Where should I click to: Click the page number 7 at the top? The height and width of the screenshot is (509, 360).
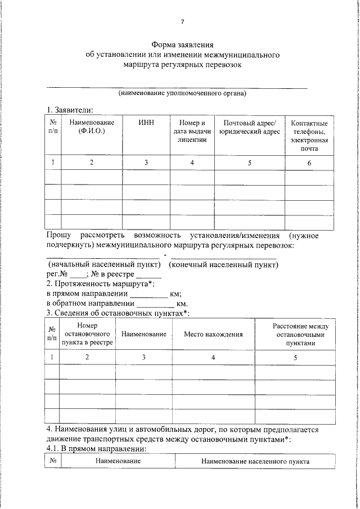pos(182,22)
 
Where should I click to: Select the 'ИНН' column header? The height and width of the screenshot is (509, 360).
pos(146,123)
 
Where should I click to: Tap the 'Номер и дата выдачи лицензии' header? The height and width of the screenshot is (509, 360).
pos(192,131)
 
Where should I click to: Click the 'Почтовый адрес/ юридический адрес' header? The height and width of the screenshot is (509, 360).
pos(249,127)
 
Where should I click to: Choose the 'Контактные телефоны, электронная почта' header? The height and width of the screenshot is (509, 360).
pos(309,136)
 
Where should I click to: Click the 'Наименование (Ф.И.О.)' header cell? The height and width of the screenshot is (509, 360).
pos(92,127)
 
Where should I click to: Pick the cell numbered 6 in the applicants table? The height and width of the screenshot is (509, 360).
pos(309,163)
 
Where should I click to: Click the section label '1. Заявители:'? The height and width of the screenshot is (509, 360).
pos(69,110)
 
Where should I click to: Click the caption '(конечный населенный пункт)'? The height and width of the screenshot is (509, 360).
pos(224,264)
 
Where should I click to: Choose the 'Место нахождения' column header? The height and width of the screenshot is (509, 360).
pos(213,334)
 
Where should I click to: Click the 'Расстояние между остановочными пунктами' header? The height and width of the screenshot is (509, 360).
pos(296,334)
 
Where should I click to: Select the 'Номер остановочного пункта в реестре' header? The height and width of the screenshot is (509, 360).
pos(87,334)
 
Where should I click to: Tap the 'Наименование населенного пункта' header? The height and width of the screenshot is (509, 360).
pos(255,461)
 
